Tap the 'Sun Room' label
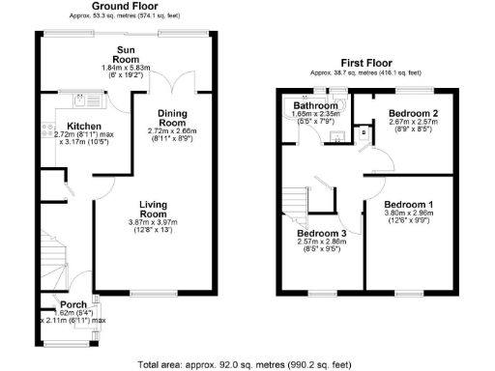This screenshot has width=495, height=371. click(126, 54)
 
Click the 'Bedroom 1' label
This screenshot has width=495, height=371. click(410, 205)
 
